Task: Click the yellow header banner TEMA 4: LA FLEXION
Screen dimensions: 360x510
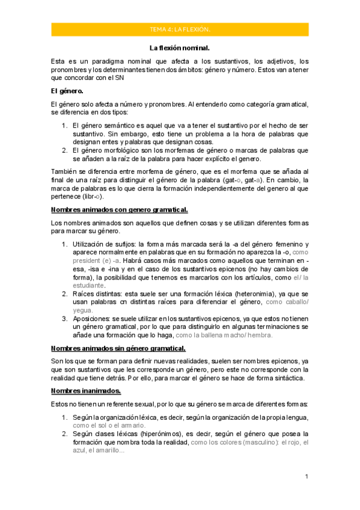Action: click(x=180, y=29)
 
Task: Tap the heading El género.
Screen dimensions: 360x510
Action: click(x=67, y=91)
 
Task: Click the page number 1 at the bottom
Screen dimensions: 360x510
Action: click(x=307, y=476)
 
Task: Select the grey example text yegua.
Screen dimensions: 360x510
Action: click(x=82, y=310)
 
